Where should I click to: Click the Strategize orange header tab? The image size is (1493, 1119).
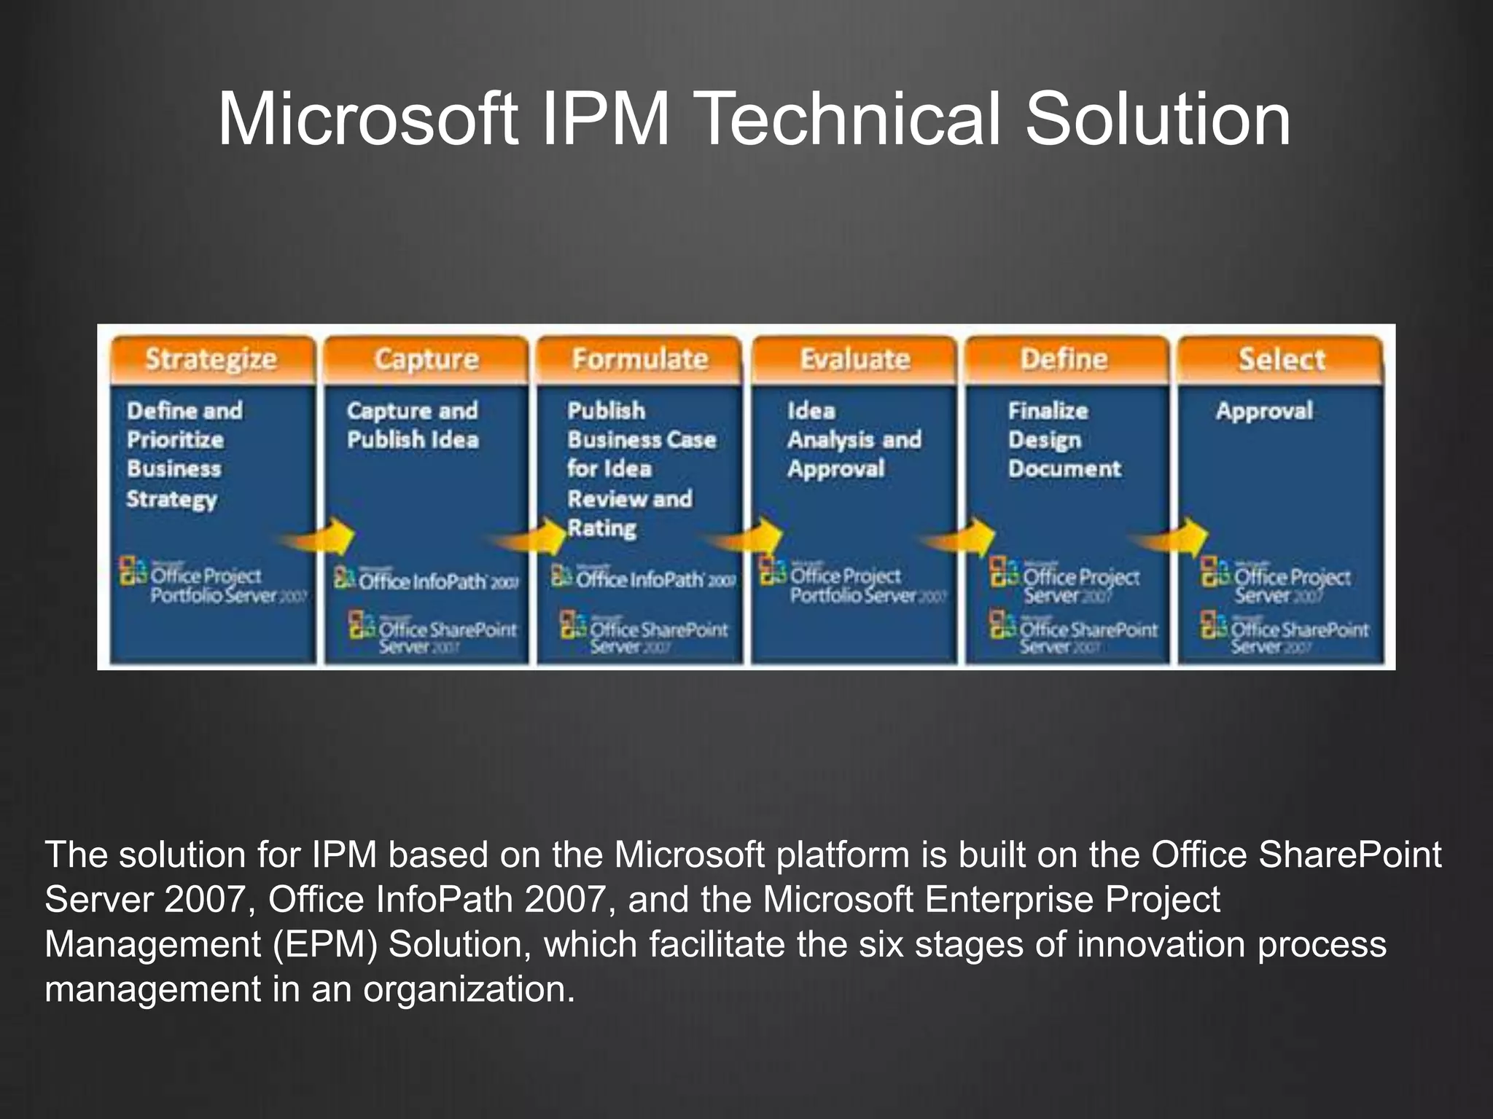coord(211,359)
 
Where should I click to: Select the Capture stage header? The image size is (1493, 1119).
coord(426,359)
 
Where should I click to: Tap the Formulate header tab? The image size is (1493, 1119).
coord(640,359)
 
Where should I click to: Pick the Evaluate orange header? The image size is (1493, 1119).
coord(854,359)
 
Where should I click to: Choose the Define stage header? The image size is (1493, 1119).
coord(1064,359)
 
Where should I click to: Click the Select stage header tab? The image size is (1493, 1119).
coord(1281,359)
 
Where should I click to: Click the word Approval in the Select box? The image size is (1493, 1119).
coord(1264,411)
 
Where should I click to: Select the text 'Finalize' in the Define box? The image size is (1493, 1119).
coord(1048,411)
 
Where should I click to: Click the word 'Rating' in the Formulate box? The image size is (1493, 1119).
coord(601,528)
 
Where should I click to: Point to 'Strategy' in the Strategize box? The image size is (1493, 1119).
coord(172,499)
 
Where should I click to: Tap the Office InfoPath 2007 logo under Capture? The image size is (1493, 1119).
coord(426,580)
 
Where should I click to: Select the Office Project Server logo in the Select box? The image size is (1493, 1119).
coord(1276,583)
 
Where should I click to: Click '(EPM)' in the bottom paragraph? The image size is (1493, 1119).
coord(325,944)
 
